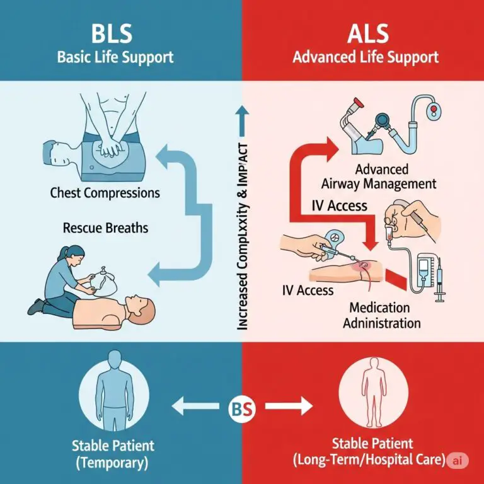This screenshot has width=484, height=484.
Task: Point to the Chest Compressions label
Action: click(x=105, y=192)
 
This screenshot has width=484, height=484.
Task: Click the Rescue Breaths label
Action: click(x=105, y=227)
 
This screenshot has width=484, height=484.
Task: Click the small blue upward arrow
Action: click(x=243, y=113)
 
